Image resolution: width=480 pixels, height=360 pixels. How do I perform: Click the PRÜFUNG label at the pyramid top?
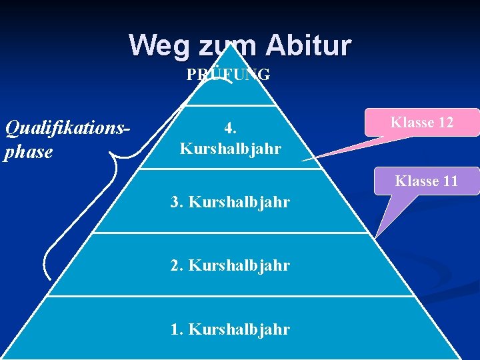(x=228, y=75)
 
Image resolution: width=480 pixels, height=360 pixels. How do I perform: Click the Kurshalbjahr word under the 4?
(x=230, y=147)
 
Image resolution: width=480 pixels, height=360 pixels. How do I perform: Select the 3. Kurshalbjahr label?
(x=230, y=201)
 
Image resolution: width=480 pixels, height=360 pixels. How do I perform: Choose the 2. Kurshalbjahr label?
(x=230, y=265)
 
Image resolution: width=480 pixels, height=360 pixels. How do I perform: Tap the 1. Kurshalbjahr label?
(x=230, y=329)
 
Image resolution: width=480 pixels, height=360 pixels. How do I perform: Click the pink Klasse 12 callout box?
(x=422, y=123)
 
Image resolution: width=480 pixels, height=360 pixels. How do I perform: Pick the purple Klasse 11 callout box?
(x=426, y=181)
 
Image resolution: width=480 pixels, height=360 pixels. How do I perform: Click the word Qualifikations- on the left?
(x=67, y=126)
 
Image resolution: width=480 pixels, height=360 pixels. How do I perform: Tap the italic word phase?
(x=29, y=152)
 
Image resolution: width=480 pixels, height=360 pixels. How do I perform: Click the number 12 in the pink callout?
(x=443, y=123)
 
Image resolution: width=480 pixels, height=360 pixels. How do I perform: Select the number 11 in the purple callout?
(x=447, y=181)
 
